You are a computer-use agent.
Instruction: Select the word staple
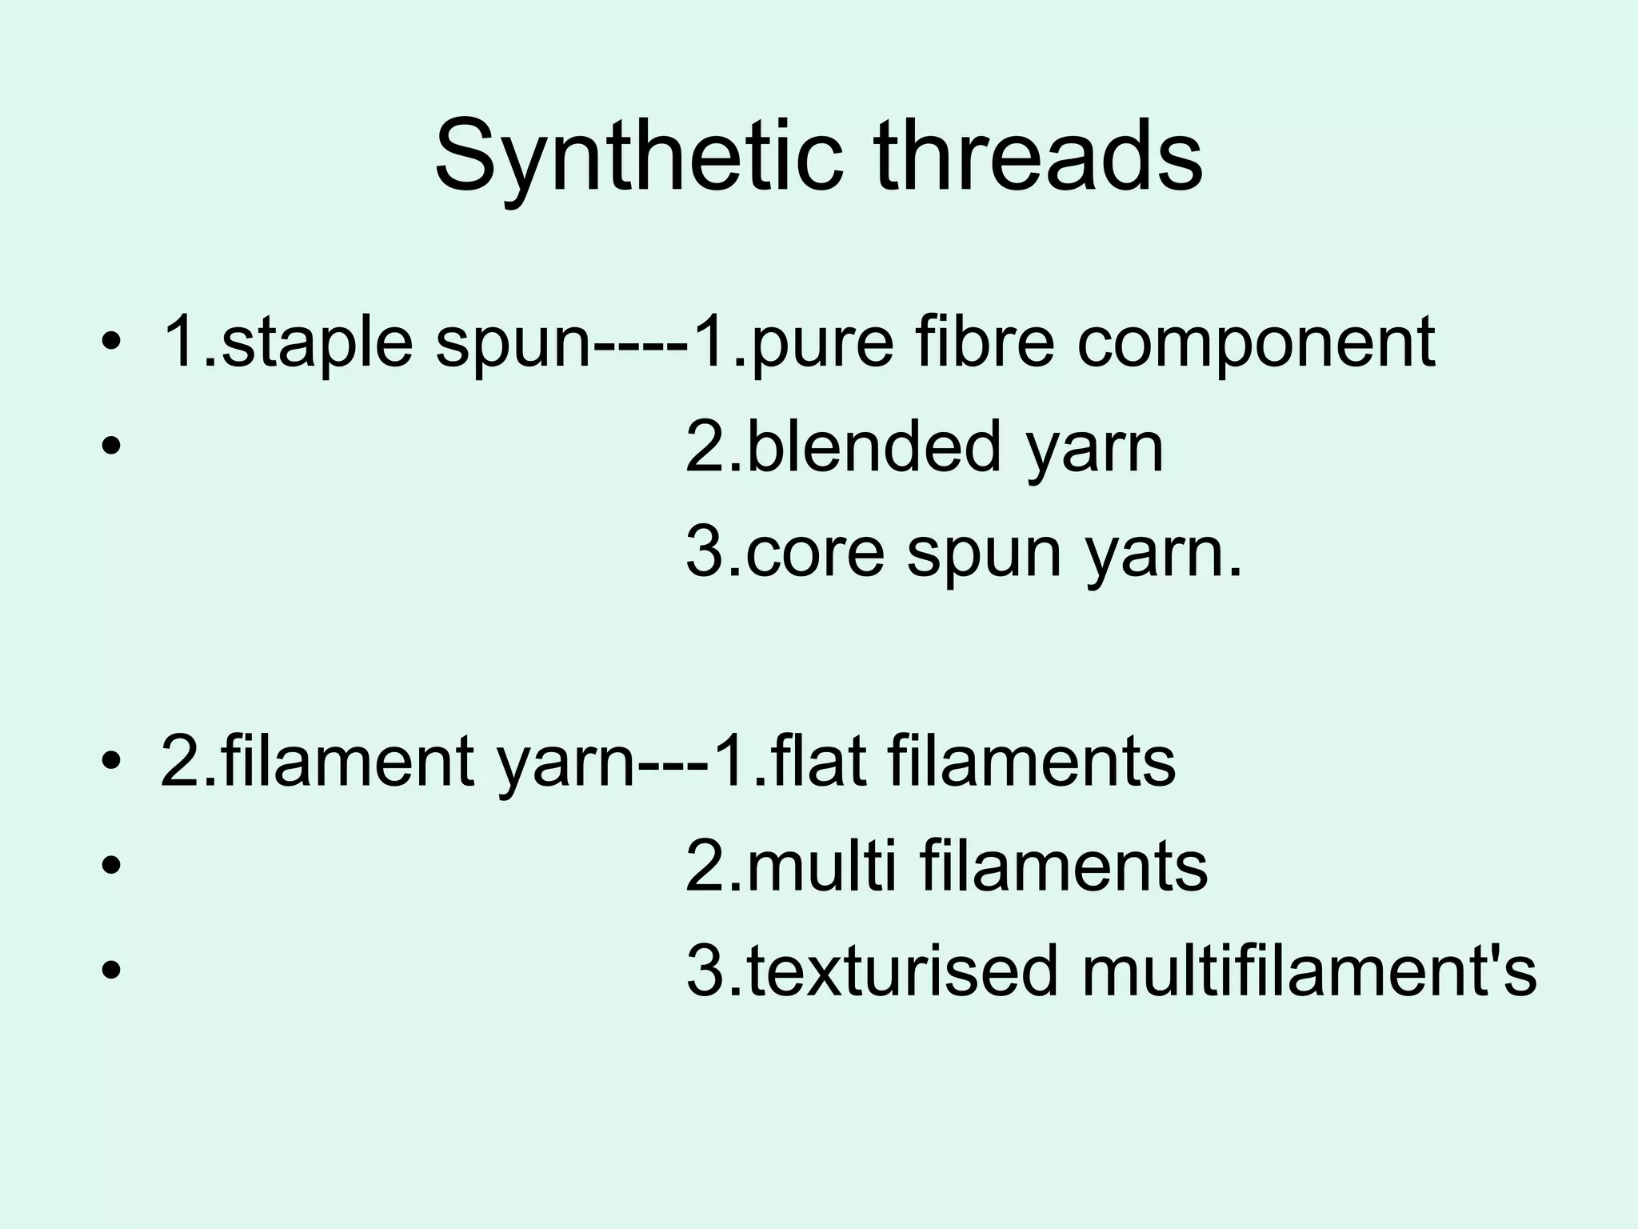tap(317, 344)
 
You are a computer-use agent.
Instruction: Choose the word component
tap(1256, 344)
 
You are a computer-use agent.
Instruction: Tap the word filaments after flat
tap(1032, 762)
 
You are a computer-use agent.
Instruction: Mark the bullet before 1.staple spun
tap(111, 344)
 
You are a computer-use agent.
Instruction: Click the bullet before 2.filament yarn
tap(111, 762)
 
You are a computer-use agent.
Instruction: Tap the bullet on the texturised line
tap(111, 970)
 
